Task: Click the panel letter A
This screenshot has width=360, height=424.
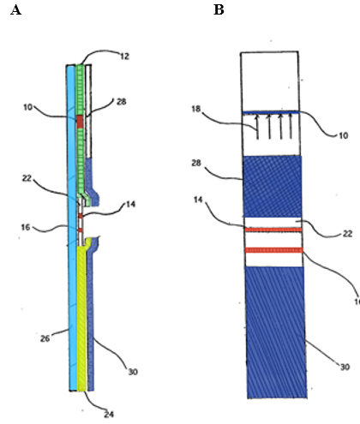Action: (15, 10)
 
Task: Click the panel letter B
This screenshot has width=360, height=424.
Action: (219, 10)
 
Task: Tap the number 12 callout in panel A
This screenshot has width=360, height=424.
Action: (124, 57)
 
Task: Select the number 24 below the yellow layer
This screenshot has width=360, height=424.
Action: (109, 415)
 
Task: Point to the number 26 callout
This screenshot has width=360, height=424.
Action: (45, 338)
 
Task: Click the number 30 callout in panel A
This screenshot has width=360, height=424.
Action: (133, 372)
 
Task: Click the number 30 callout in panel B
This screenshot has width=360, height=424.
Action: (345, 367)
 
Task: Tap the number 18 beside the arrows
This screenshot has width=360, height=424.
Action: (196, 109)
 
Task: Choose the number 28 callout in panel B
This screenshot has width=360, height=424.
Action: (196, 163)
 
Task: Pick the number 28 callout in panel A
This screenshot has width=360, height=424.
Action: (122, 101)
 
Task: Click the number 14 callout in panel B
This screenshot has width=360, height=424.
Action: (198, 200)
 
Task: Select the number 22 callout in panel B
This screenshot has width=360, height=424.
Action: (347, 234)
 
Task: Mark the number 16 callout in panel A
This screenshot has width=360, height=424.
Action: (26, 227)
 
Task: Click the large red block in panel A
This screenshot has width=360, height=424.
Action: (80, 122)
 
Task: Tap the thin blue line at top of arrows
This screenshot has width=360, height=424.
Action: (271, 112)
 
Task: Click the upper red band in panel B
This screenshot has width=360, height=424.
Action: (273, 230)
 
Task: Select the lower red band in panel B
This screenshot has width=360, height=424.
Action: (274, 250)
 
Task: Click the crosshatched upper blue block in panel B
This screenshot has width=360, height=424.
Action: (273, 186)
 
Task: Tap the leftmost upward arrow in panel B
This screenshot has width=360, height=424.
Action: (257, 127)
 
